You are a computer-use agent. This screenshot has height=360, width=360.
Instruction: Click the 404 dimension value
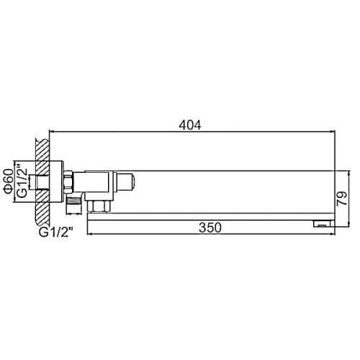point(190,125)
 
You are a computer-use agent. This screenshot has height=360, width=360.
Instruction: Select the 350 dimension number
point(210,228)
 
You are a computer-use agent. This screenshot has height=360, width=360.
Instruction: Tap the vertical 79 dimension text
point(342,198)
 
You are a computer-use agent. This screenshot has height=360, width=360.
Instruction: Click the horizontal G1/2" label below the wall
point(56,233)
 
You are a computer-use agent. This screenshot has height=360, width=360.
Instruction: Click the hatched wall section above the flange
point(42,149)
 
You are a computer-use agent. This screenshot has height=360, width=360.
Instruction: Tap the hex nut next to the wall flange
point(68,182)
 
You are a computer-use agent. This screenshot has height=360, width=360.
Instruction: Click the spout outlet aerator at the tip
point(322,224)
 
